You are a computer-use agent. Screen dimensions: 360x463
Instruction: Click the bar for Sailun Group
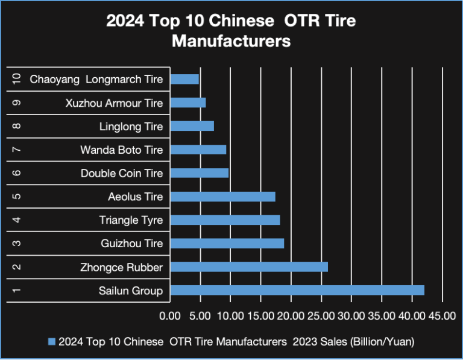[x=297, y=291]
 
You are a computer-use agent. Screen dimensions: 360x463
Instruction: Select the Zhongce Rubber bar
[x=249, y=267]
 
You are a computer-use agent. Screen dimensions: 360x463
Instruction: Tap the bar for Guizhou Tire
[x=227, y=243]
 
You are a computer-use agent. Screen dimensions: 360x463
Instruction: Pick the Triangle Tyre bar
[x=225, y=219]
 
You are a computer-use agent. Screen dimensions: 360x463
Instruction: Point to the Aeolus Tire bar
[x=222, y=197]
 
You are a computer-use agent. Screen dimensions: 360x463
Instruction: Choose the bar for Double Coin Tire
[x=200, y=173]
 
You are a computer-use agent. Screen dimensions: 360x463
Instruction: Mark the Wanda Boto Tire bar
[x=198, y=150]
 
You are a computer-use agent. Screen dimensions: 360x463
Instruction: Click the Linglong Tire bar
[x=192, y=126]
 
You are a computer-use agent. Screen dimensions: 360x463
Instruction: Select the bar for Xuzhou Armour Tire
[x=188, y=103]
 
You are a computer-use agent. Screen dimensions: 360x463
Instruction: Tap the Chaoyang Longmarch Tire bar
[x=184, y=79]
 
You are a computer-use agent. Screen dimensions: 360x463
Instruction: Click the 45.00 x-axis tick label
[x=442, y=315]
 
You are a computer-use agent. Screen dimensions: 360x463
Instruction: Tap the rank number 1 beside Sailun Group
[x=16, y=291]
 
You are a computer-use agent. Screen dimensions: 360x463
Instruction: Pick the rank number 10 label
[x=16, y=79]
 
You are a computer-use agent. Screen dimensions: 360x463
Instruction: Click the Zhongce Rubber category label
[x=121, y=267]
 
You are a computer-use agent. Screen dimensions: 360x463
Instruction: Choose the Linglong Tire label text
[x=131, y=126]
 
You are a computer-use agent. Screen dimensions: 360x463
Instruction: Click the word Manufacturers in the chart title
[x=231, y=42]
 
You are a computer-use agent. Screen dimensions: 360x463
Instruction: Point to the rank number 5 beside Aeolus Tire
[x=16, y=197]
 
